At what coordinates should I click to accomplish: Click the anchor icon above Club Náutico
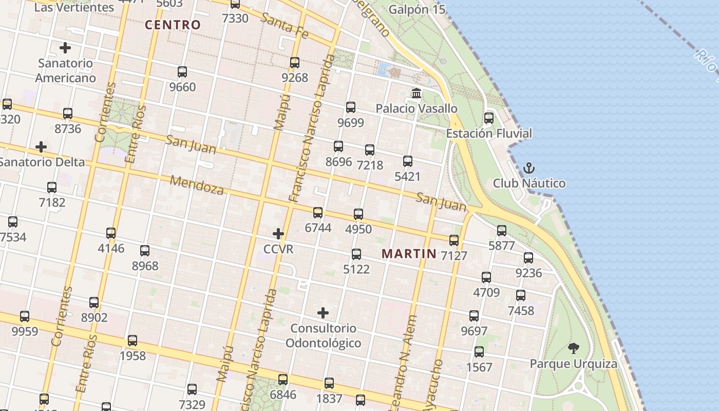pyautogui.click(x=528, y=168)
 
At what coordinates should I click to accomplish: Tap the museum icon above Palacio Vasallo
pyautogui.click(x=417, y=94)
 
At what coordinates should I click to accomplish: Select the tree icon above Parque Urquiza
pyautogui.click(x=573, y=348)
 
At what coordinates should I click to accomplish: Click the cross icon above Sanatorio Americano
pyautogui.click(x=65, y=48)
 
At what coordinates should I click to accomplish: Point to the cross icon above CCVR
pyautogui.click(x=278, y=234)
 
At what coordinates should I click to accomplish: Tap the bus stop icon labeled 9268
pyautogui.click(x=295, y=63)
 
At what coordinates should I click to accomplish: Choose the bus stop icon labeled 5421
pyautogui.click(x=408, y=161)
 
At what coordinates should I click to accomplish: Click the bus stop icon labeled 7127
pyautogui.click(x=454, y=240)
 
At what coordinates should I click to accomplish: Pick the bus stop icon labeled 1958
pyautogui.click(x=133, y=340)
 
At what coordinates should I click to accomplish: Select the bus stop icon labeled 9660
pyautogui.click(x=182, y=72)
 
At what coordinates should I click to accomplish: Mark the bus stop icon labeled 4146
pyautogui.click(x=111, y=233)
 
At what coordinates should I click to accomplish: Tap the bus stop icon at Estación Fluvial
pyautogui.click(x=489, y=118)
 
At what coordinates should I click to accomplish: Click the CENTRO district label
pyautogui.click(x=173, y=25)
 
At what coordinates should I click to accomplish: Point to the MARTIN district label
pyautogui.click(x=409, y=253)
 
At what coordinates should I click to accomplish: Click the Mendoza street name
pyautogui.click(x=197, y=185)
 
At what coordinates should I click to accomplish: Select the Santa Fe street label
pyautogui.click(x=284, y=26)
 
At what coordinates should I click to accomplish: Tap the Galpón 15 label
pyautogui.click(x=417, y=9)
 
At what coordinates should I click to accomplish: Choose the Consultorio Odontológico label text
pyautogui.click(x=323, y=335)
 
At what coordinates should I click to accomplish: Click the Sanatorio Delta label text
pyautogui.click(x=42, y=162)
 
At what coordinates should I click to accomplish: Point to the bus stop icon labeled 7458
pyautogui.click(x=521, y=295)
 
